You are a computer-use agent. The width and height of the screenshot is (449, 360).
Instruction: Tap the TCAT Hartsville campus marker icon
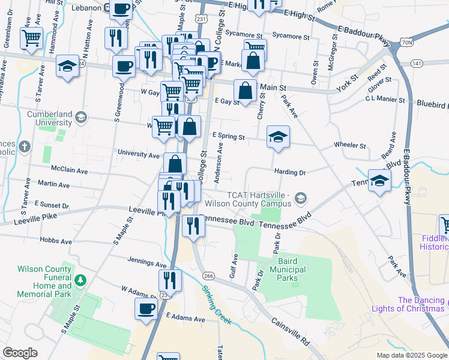pyautogui.click(x=300, y=197)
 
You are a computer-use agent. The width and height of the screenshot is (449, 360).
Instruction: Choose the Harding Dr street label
pyautogui.click(x=291, y=172)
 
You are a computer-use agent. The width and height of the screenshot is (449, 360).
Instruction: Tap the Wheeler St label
pyautogui.click(x=350, y=146)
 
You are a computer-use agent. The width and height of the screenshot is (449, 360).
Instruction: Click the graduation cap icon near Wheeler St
pyautogui.click(x=278, y=137)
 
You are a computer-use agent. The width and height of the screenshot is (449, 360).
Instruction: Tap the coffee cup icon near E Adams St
pyautogui.click(x=145, y=309)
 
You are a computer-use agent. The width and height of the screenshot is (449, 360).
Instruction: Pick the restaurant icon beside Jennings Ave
pyautogui.click(x=170, y=280)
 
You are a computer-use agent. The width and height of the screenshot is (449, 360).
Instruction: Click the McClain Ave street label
pyautogui.click(x=70, y=171)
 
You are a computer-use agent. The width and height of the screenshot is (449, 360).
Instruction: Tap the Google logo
pyautogui.click(x=20, y=353)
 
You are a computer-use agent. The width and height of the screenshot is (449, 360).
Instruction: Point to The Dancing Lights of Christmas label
pyautogui.click(x=420, y=304)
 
